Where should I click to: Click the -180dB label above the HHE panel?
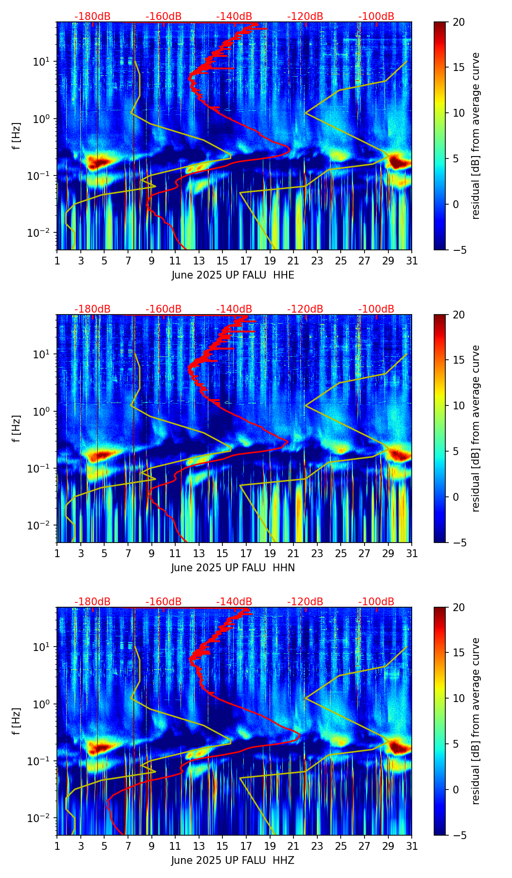pyautogui.click(x=92, y=17)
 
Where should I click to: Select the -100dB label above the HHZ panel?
pyautogui.click(x=376, y=602)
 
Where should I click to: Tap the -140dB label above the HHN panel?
pyautogui.click(x=234, y=309)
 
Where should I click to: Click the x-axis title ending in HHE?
pyautogui.click(x=233, y=275)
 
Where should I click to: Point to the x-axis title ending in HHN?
pyautogui.click(x=233, y=568)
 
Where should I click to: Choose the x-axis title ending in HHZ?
pyautogui.click(x=233, y=860)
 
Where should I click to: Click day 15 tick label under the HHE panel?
pyautogui.click(x=222, y=261)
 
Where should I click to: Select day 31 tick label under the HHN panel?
pyautogui.click(x=412, y=553)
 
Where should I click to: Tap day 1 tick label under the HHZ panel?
pyautogui.click(x=57, y=846)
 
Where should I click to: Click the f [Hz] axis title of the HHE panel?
pyautogui.click(x=17, y=136)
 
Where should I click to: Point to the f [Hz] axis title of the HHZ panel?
pyautogui.click(x=17, y=721)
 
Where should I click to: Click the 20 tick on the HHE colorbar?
pyautogui.click(x=459, y=22)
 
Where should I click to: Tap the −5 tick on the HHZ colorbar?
pyautogui.click(x=459, y=835)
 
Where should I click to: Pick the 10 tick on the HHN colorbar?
pyautogui.click(x=459, y=405)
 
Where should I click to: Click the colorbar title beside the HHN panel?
pyautogui.click(x=476, y=428)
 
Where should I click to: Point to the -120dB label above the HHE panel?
pyautogui.click(x=305, y=17)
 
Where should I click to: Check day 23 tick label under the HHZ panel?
pyautogui.click(x=317, y=846)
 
